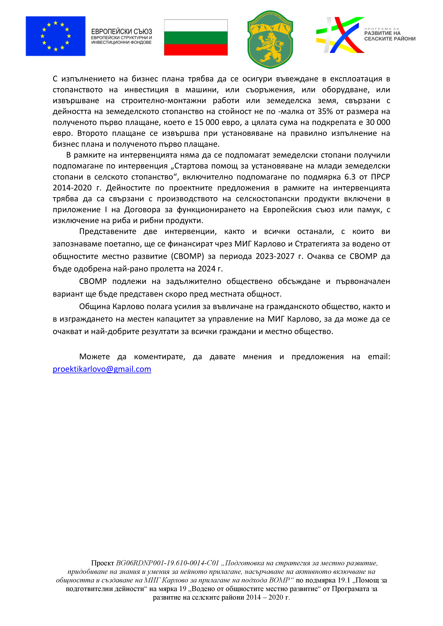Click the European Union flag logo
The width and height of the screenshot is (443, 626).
pos(55,36)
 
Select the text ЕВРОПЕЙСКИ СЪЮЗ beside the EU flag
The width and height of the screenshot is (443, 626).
pos(121,32)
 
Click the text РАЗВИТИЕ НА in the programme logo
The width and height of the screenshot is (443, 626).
pos(382,33)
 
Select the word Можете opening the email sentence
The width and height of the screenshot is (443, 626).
pos(94,357)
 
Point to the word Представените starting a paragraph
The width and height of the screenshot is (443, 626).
pos(108,231)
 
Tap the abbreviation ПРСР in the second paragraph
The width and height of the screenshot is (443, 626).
pos(380,177)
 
